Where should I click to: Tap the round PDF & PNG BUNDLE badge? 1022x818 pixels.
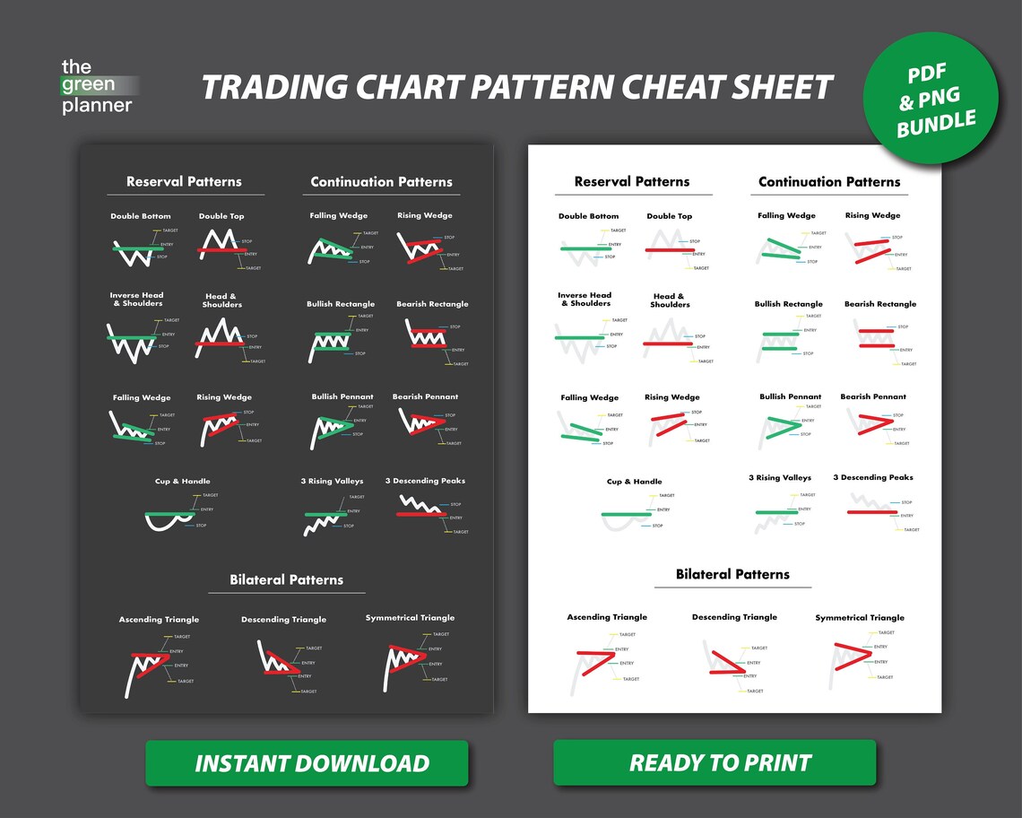tap(931, 99)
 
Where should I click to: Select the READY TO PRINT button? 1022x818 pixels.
tap(714, 763)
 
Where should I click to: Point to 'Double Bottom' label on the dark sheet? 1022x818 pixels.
tap(141, 216)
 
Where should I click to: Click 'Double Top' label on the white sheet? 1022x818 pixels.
tap(669, 216)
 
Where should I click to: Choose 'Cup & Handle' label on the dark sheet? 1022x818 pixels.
tap(182, 482)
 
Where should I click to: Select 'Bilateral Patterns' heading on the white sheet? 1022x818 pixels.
tap(732, 574)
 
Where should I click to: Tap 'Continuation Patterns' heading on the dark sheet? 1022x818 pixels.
tap(381, 182)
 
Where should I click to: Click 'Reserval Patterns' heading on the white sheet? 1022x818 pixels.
tap(632, 182)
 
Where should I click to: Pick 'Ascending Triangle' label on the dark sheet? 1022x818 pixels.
tap(159, 620)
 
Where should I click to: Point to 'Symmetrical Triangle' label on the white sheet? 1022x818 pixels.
tap(860, 618)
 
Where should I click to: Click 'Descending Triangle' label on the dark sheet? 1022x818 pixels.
tap(283, 620)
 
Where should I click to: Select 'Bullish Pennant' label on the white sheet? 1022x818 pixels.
tap(790, 396)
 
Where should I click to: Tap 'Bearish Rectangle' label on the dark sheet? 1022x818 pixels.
tap(432, 304)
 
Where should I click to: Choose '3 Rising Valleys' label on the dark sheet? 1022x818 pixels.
tap(332, 482)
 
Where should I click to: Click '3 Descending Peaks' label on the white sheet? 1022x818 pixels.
tap(872, 478)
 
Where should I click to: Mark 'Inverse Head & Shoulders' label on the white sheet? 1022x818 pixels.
tap(585, 300)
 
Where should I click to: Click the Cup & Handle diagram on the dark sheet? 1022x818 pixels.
tap(170, 518)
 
